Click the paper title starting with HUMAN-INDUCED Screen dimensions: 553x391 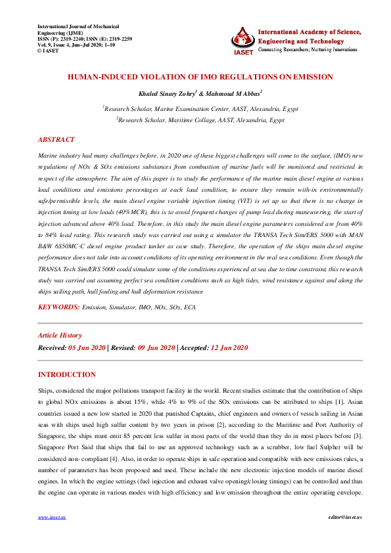(x=200, y=77)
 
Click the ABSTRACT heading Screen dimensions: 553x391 (x=56, y=140)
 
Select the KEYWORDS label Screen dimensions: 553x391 (x=58, y=307)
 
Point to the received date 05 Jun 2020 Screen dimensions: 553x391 (x=87, y=347)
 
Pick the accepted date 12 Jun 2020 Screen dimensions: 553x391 (x=229, y=347)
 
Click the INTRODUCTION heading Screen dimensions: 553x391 (x=66, y=375)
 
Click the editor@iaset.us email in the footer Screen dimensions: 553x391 (x=336, y=535)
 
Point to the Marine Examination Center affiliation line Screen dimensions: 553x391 (x=200, y=108)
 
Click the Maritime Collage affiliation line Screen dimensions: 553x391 (x=200, y=120)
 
